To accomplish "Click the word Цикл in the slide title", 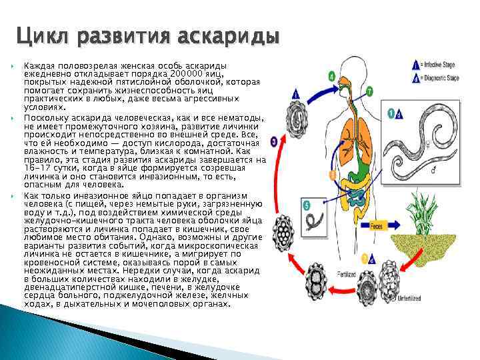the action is [x=43, y=35].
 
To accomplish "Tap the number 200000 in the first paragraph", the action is [x=189, y=73].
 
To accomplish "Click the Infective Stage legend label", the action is [x=440, y=65].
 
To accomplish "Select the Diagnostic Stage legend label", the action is [x=441, y=78].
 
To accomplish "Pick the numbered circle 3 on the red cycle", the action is [x=274, y=142].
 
